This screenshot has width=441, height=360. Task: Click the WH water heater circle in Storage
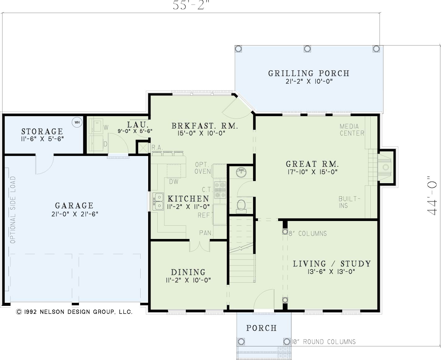[77, 122]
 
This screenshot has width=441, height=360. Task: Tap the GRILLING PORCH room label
[309, 73]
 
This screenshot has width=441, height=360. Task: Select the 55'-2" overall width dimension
[191, 5]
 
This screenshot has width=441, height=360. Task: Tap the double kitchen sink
[158, 201]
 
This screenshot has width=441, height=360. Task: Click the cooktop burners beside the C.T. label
[220, 190]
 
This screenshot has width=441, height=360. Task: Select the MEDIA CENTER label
[352, 130]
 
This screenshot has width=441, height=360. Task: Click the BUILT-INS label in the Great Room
[349, 202]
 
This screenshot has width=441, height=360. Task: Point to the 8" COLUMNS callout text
[308, 233]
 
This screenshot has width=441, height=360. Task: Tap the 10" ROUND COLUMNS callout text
[324, 342]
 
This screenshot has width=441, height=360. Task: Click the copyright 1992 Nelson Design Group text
[74, 312]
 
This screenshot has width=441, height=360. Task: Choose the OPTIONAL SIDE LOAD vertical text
[13, 210]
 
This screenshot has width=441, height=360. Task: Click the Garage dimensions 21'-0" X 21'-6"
[75, 214]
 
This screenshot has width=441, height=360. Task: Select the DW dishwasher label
[174, 182]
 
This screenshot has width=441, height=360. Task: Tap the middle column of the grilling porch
[307, 49]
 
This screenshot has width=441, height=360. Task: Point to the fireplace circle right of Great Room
[386, 167]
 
